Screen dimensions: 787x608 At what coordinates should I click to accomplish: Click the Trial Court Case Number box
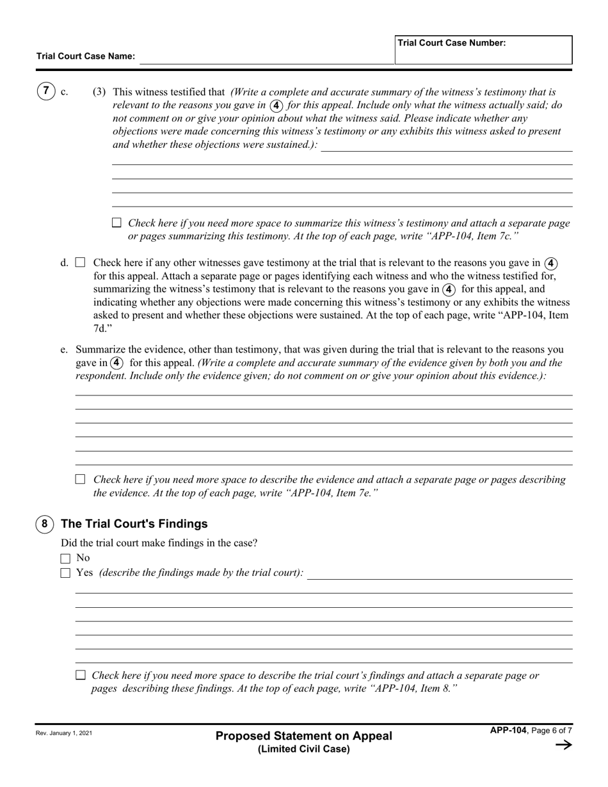[483, 50]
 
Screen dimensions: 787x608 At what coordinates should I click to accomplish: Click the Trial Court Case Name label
[86, 56]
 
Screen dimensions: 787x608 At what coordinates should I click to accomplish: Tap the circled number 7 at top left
[45, 91]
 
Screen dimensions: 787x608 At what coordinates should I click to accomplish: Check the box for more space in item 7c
[116, 223]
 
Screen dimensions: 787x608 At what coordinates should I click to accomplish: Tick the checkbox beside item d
[81, 262]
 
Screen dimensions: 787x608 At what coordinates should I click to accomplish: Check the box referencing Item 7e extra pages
[81, 479]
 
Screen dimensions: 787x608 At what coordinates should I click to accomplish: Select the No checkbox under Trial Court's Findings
[65, 559]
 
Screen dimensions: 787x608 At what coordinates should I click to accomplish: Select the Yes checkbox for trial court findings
[65, 573]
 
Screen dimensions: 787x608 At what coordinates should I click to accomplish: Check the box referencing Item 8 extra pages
[81, 675]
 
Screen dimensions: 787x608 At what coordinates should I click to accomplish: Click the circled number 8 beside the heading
[44, 524]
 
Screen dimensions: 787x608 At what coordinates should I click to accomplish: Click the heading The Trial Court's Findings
[134, 524]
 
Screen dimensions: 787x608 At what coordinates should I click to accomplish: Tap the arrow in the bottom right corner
[563, 744]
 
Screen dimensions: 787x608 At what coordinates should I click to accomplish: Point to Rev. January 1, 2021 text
[64, 733]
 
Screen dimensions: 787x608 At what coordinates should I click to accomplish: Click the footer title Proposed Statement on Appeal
[304, 736]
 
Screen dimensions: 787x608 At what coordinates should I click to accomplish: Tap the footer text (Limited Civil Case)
[304, 749]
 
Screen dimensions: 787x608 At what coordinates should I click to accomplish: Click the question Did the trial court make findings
[164, 543]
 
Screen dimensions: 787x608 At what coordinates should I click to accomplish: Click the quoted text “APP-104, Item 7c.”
[467, 237]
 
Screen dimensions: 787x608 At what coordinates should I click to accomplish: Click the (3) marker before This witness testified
[99, 91]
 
